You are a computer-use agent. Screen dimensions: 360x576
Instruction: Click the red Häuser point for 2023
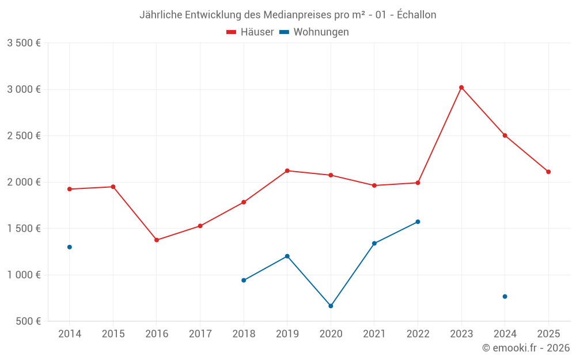coord(461,88)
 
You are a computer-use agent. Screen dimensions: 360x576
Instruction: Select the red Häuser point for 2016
coord(157,240)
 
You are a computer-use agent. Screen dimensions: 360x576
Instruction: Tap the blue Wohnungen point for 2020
coord(331,306)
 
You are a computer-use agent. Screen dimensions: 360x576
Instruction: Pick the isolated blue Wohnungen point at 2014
coord(70,247)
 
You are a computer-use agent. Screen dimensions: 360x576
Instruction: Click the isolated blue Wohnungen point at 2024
coord(505,297)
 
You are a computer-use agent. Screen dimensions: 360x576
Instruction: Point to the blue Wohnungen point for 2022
coord(418,222)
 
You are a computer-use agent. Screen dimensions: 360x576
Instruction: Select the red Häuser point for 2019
coord(287,170)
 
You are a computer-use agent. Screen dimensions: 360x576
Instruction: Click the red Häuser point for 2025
coord(548,172)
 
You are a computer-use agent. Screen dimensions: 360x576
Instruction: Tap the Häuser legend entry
coord(251,32)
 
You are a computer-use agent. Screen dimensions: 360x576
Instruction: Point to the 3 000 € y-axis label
coord(24,89)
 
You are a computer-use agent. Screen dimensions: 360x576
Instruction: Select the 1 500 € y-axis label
coord(24,229)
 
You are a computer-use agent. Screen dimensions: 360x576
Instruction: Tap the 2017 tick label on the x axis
coord(200,334)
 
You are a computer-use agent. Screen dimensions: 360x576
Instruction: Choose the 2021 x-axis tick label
coord(374,334)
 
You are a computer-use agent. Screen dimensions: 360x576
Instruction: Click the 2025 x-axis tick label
coord(548,334)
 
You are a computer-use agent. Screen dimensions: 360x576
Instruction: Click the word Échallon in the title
coord(416,15)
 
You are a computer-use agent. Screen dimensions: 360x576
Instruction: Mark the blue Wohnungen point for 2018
coord(244,281)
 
